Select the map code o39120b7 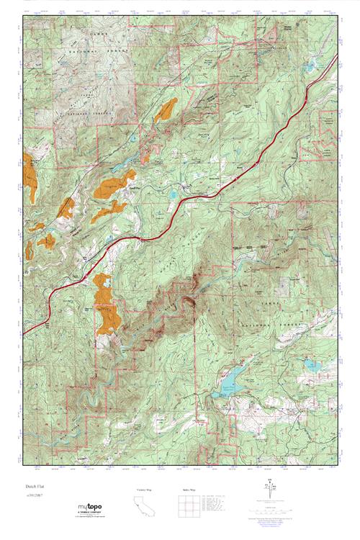pos(34,495)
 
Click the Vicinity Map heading pos(145,490)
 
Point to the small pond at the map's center pos(173,194)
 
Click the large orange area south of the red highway pos(107,306)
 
